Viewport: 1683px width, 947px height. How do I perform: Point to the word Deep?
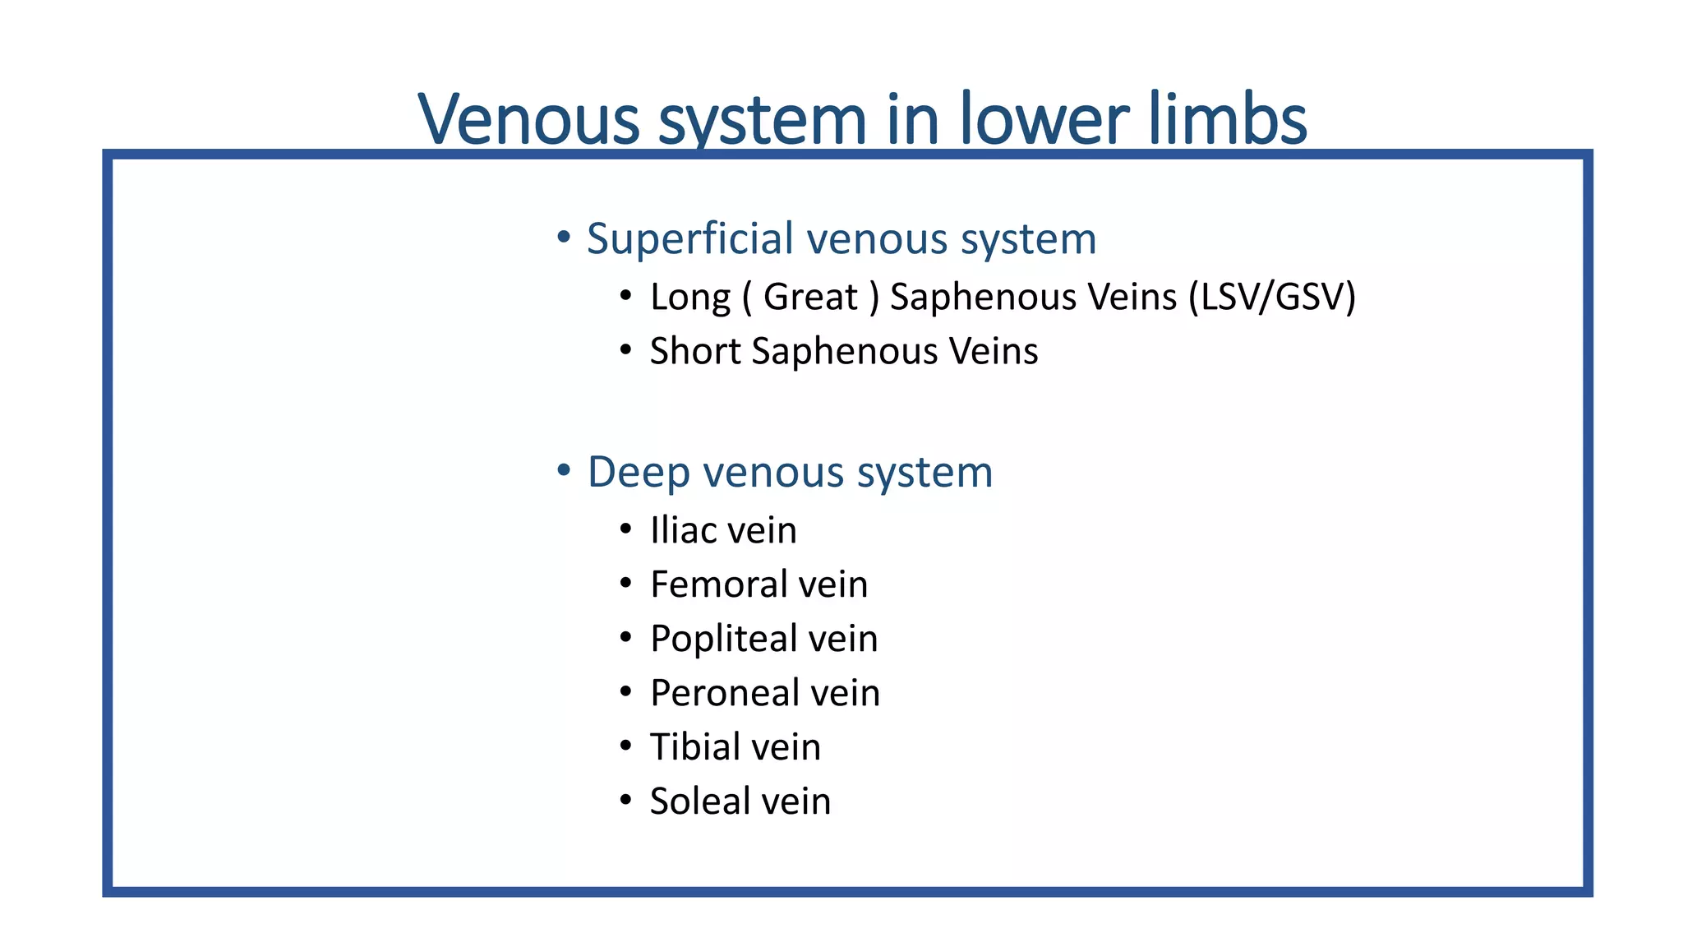[x=638, y=473]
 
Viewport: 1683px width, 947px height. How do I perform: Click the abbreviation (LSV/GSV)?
[x=1272, y=297]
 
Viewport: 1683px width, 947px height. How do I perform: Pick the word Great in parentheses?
[x=810, y=297]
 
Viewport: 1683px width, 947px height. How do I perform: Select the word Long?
[x=689, y=297]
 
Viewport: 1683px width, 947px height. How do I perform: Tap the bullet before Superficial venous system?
[x=563, y=238]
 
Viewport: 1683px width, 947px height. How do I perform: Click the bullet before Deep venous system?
[x=563, y=471]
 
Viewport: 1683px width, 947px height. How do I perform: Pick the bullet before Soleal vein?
[x=626, y=800]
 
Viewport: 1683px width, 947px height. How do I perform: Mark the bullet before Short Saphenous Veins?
[x=626, y=350]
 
